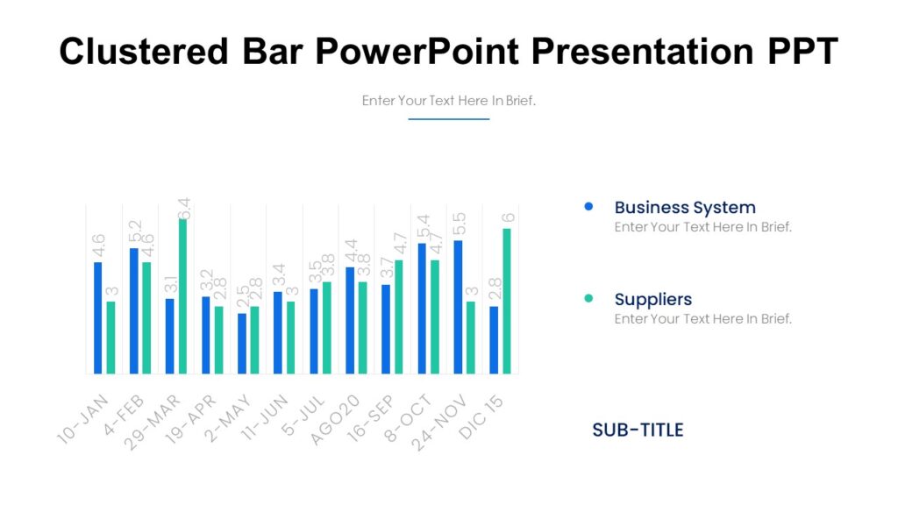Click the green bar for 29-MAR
click(x=182, y=296)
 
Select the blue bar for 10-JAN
click(x=97, y=317)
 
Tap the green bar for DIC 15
click(x=507, y=301)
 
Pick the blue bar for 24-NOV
click(x=458, y=307)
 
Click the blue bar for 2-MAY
click(x=242, y=343)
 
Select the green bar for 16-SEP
click(x=399, y=317)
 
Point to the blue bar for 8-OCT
click(x=422, y=308)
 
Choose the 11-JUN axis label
click(x=264, y=419)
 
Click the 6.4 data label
click(x=184, y=209)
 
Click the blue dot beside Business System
click(x=588, y=207)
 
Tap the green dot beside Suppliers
click(x=588, y=299)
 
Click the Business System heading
click(x=684, y=208)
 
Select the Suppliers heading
click(x=652, y=300)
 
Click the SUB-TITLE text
click(x=638, y=430)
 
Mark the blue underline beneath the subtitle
click(x=448, y=119)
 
